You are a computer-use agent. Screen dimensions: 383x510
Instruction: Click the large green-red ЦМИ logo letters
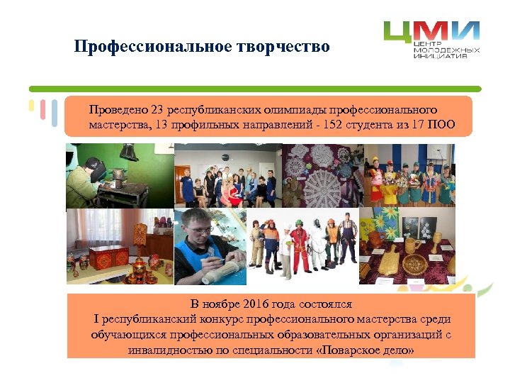[x=431, y=32]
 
